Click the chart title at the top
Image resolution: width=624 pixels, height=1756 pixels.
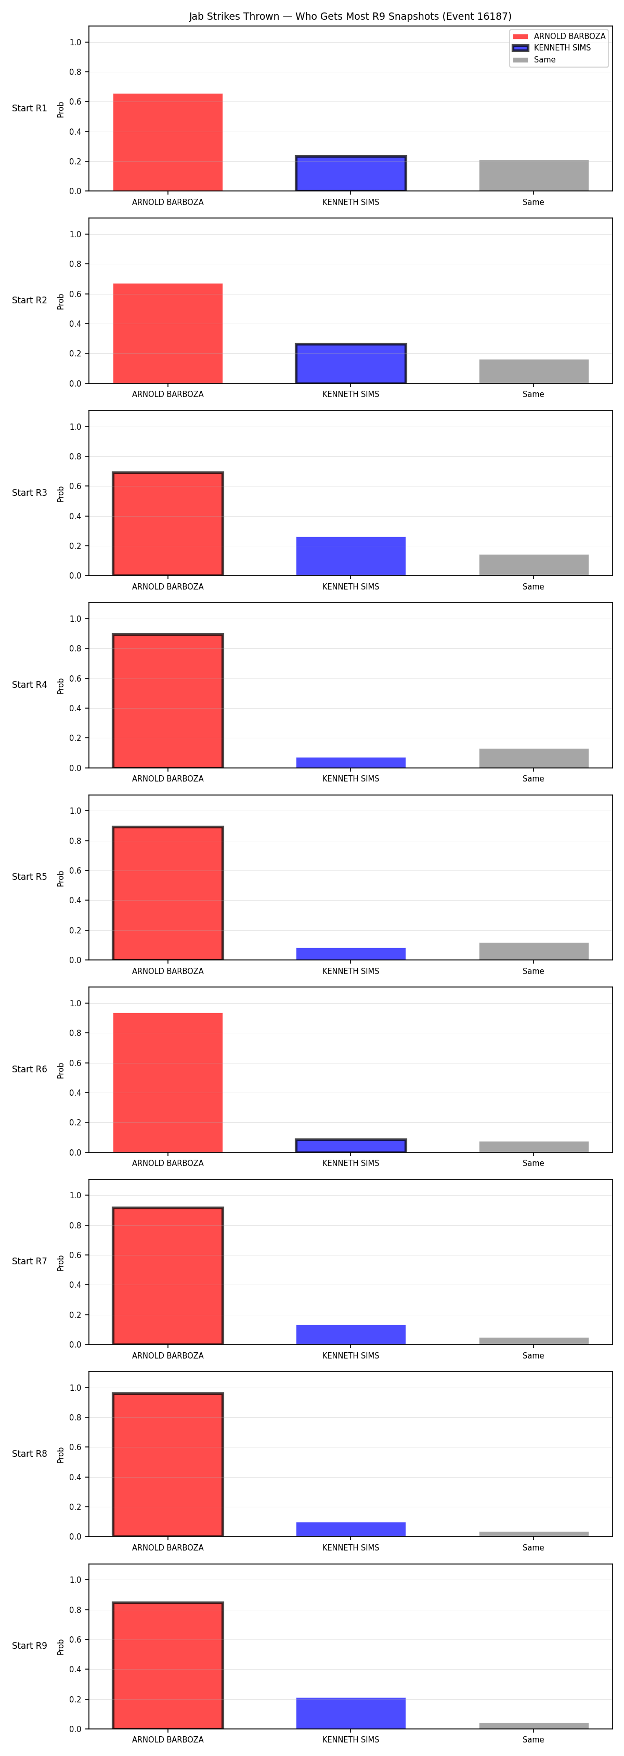click(350, 16)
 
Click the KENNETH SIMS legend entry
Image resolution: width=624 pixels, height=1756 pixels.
click(552, 48)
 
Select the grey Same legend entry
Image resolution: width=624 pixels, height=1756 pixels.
click(535, 60)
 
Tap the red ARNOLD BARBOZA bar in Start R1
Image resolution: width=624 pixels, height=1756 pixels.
click(167, 143)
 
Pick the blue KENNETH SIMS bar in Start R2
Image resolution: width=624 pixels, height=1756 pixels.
click(351, 363)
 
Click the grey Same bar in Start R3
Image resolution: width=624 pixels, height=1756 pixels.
click(534, 565)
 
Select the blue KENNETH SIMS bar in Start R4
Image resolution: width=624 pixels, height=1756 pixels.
click(351, 763)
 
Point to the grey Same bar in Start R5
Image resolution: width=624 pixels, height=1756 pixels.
click(534, 951)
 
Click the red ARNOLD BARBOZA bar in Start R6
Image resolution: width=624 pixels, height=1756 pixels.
click(167, 1083)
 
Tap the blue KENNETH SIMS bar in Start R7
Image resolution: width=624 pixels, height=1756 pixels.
click(351, 1335)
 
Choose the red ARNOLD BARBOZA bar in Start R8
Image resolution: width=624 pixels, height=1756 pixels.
click(167, 1465)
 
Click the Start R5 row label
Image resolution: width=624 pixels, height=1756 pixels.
click(29, 877)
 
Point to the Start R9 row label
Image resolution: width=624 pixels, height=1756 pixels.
click(29, 1646)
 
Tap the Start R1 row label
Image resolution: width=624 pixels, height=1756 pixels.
click(29, 108)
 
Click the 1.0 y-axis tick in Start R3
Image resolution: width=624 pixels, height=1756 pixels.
click(75, 427)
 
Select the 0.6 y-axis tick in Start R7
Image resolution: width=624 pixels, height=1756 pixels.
click(75, 1255)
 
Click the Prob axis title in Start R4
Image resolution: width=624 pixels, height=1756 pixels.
click(61, 686)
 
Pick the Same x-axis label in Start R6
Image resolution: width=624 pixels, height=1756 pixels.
click(534, 1163)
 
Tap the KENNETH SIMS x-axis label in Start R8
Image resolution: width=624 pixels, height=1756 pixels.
click(351, 1547)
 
